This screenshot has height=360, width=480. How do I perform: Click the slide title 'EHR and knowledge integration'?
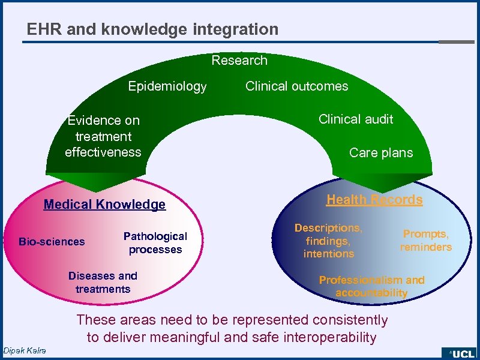coord(152,29)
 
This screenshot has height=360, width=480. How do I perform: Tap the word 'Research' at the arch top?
coord(239,60)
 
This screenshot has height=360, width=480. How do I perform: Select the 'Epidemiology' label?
coord(167,86)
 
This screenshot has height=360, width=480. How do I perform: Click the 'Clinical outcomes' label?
coord(296,86)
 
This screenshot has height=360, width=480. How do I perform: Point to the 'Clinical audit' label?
coord(356,119)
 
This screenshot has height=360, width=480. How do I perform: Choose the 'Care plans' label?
coord(381,152)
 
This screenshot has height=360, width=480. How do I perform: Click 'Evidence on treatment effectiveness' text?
coord(103,136)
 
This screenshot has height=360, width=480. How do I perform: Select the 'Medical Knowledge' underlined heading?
coord(104,205)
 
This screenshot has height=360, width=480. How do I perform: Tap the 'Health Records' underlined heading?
coord(374,200)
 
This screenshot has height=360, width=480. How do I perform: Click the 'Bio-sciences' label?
coord(52,242)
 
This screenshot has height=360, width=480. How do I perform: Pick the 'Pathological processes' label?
coord(155,243)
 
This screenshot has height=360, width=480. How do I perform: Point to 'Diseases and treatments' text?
coord(103,283)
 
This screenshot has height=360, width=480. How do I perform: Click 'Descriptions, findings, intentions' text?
coord(328,241)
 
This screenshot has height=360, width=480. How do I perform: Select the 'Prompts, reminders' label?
coord(426,241)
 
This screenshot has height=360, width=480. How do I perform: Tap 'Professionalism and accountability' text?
coord(371,287)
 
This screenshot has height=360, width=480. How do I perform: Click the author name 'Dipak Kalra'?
coord(24,350)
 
